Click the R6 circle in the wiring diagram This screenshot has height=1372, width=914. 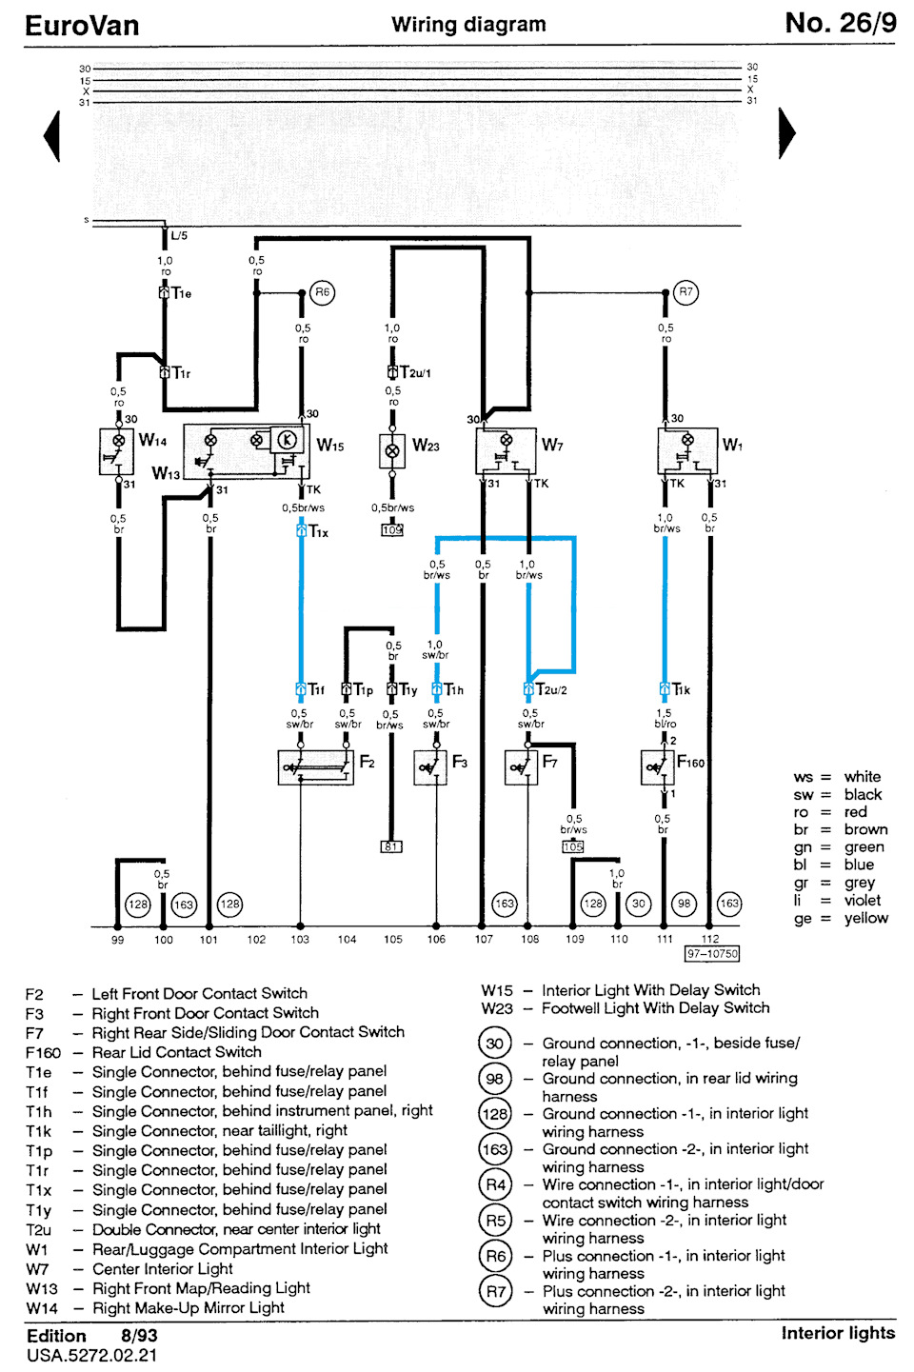[x=322, y=292]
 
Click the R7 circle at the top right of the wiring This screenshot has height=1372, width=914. [x=685, y=292]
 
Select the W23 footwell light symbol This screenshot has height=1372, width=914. [x=392, y=451]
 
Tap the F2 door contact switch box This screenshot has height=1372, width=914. [x=316, y=767]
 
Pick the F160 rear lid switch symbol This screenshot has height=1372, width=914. [x=657, y=767]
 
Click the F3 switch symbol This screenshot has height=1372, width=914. [x=430, y=767]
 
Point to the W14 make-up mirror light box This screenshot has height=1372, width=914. [x=117, y=451]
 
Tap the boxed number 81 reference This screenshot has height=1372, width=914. [x=391, y=846]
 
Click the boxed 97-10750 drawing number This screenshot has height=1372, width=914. [x=712, y=954]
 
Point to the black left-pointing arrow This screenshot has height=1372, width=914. [x=52, y=135]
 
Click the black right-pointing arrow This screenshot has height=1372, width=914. [x=787, y=133]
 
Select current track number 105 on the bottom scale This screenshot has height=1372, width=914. [x=392, y=939]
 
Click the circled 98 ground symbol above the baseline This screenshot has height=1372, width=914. [x=684, y=904]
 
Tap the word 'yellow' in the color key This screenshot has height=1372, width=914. [x=865, y=918]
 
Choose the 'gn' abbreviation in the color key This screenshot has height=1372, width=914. [x=803, y=847]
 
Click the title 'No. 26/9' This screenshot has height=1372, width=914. [x=841, y=23]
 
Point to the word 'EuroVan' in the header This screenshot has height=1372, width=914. [x=82, y=26]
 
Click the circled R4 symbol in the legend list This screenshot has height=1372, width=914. [x=495, y=1184]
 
